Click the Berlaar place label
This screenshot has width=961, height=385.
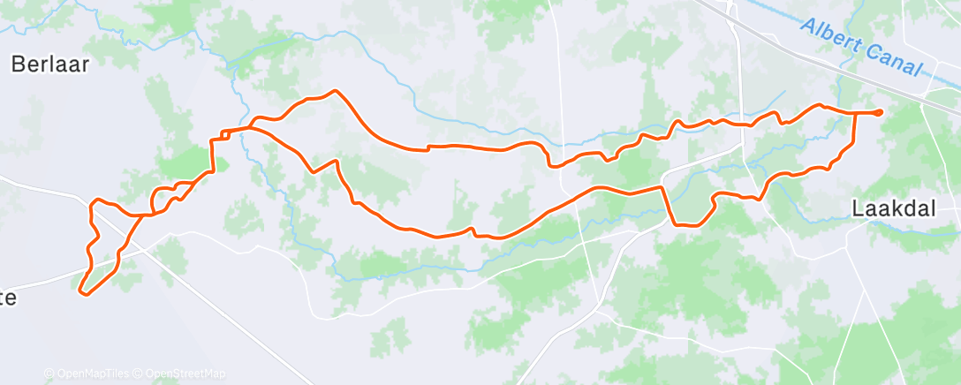pos(50,64)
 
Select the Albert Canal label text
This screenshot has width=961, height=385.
pos(861,49)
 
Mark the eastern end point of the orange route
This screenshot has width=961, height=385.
pos(880,112)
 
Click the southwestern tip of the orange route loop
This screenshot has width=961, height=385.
pos(82,291)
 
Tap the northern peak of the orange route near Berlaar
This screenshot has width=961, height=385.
pos(334,91)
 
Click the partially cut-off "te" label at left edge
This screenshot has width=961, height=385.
pos(8,298)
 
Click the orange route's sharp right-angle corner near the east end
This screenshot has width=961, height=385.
pos(856,113)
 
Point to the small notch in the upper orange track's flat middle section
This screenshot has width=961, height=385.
pos(428,147)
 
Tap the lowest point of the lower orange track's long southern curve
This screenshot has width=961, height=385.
pos(495,238)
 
